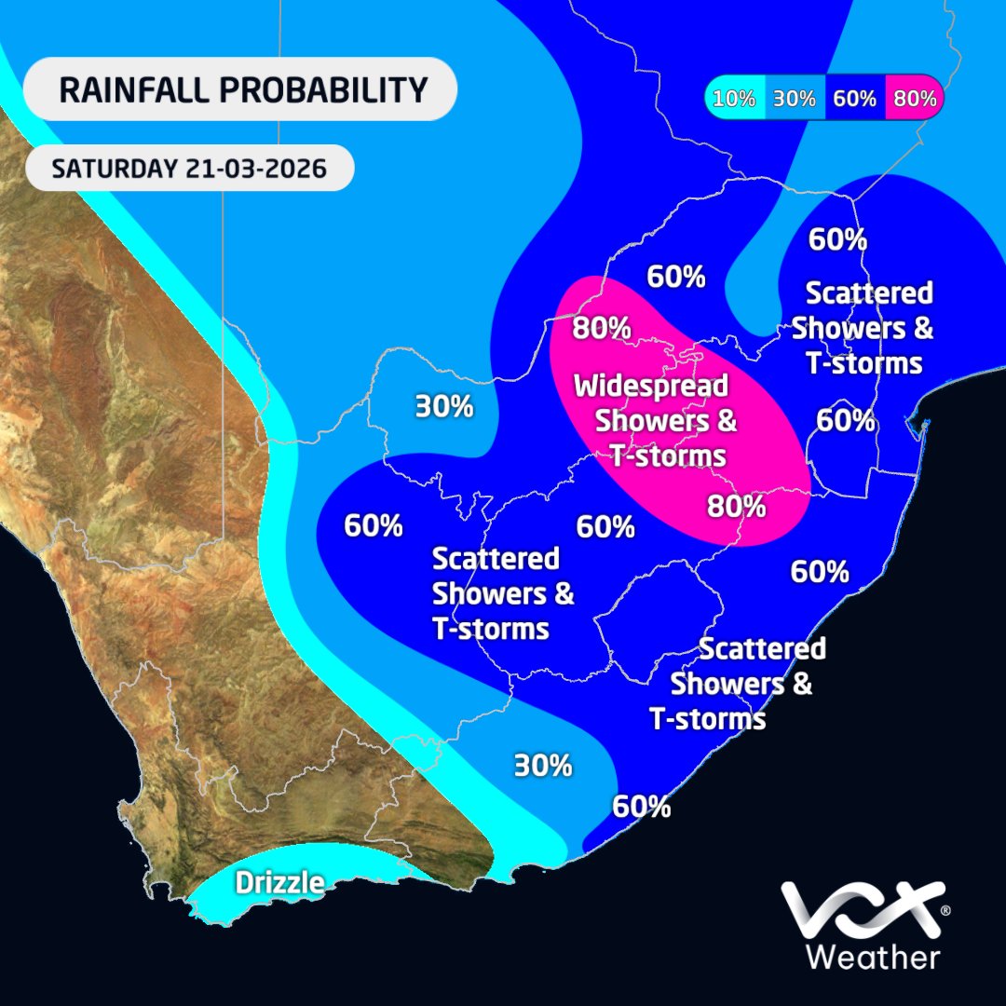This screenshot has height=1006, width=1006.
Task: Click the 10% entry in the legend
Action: tap(734, 99)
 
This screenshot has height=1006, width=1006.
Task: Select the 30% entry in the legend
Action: tap(795, 99)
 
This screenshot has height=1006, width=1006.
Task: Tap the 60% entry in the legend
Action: tap(855, 99)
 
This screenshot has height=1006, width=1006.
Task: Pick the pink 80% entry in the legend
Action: tap(914, 99)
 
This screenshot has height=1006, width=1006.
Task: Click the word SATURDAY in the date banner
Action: tap(111, 170)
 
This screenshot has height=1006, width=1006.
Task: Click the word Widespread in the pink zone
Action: tap(650, 385)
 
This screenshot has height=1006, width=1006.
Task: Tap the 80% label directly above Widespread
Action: tap(602, 328)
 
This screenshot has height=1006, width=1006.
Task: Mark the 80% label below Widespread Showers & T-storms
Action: tap(736, 507)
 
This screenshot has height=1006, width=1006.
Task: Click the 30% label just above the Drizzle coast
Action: tap(543, 766)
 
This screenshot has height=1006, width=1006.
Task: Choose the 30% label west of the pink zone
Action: tap(444, 407)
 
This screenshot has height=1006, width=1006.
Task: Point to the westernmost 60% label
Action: tap(374, 525)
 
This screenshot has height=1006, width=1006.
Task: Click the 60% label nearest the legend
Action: tap(837, 239)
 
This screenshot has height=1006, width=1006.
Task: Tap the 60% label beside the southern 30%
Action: tap(642, 806)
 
